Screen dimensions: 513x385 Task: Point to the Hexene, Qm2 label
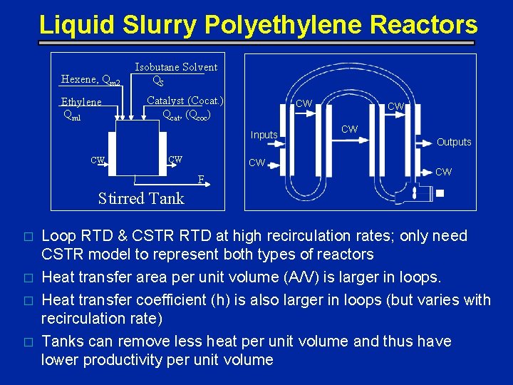click(x=93, y=80)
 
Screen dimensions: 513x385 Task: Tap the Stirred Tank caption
click(x=140, y=198)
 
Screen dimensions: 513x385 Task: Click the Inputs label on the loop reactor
click(x=264, y=135)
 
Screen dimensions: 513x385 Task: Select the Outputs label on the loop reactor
click(x=454, y=142)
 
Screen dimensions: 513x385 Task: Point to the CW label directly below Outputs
click(x=443, y=172)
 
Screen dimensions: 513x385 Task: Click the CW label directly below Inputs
click(x=256, y=163)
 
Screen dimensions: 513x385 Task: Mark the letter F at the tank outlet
click(x=202, y=179)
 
